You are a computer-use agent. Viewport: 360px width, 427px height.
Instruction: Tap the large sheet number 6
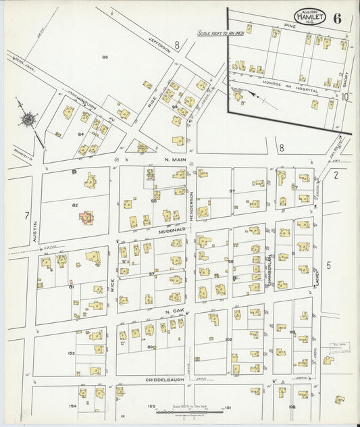pyautogui.click(x=336, y=18)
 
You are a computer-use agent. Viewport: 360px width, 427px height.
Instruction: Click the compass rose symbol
pyautogui.click(x=29, y=120)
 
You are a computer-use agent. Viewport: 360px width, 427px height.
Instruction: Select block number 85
pyautogui.click(x=105, y=57)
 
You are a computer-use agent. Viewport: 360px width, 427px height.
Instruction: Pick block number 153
pyautogui.click(x=71, y=353)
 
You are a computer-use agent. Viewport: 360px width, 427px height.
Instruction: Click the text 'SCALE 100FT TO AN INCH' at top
pyautogui.click(x=220, y=32)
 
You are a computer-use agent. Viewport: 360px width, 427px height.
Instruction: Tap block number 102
pyautogui.click(x=228, y=339)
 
